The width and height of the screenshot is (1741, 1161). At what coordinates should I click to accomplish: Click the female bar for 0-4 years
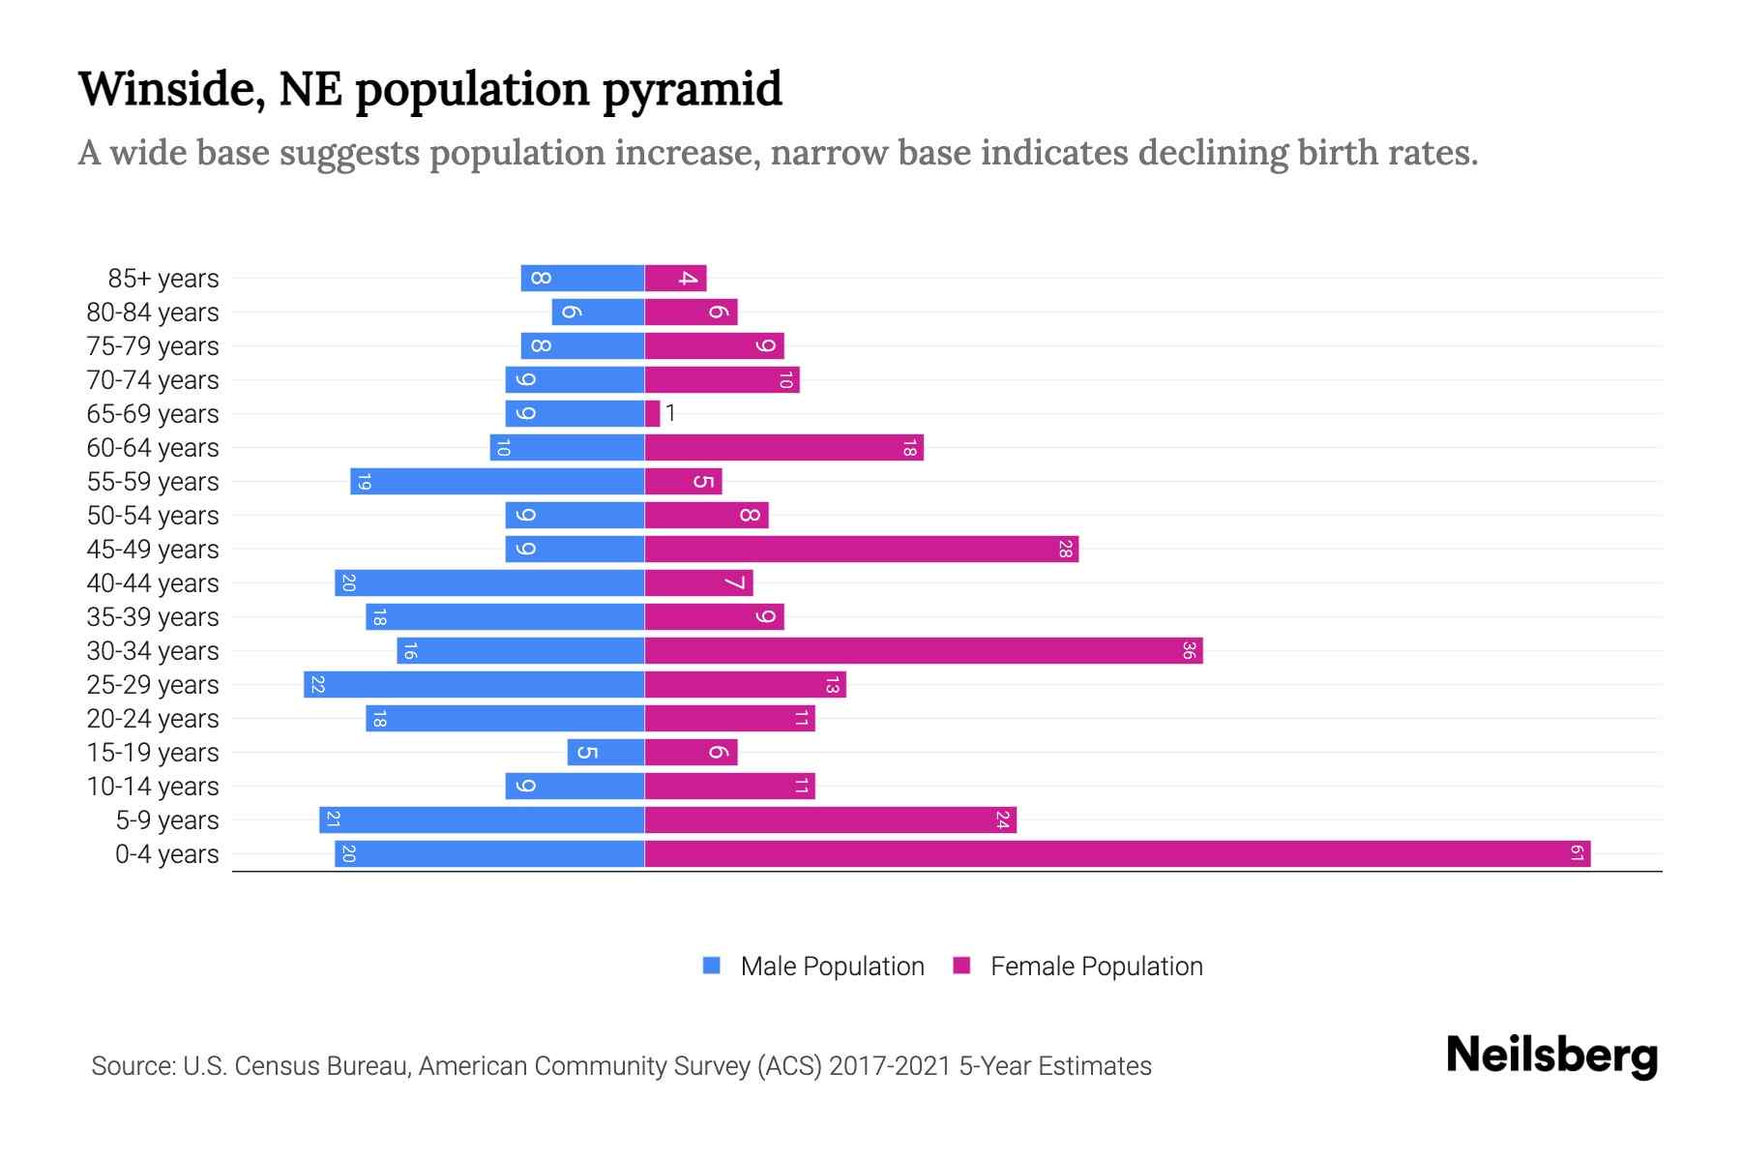(x=1117, y=853)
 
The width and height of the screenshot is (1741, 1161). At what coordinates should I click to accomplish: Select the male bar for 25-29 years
(x=474, y=685)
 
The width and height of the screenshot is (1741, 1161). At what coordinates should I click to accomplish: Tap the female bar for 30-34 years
(x=924, y=651)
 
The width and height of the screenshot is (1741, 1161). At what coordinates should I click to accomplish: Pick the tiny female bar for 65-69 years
(x=652, y=414)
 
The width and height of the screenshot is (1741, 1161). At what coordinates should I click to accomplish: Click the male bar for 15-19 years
(x=606, y=753)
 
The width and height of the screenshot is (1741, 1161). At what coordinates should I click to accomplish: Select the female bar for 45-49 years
(x=861, y=550)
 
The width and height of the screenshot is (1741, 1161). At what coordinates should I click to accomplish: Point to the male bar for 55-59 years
(x=497, y=482)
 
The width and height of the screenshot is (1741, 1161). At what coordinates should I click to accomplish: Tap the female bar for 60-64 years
(x=783, y=448)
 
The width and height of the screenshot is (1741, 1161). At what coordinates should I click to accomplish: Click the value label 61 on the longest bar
(x=1577, y=853)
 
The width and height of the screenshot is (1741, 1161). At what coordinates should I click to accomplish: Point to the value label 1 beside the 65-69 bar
(x=670, y=414)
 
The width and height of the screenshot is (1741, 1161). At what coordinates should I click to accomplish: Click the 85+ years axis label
(x=163, y=279)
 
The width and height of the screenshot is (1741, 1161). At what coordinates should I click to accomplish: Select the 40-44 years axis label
(x=153, y=583)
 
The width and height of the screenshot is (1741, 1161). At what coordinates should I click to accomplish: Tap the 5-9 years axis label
(x=167, y=820)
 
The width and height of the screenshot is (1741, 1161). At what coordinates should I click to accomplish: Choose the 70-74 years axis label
(x=153, y=380)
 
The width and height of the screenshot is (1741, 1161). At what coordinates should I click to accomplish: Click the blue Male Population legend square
(x=712, y=966)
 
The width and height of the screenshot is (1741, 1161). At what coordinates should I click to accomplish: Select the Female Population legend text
(x=1096, y=966)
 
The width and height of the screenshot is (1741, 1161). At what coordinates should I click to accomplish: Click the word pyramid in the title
(x=692, y=89)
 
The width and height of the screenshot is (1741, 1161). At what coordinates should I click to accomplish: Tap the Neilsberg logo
(x=1551, y=1056)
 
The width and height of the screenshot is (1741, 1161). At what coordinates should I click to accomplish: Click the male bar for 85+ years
(x=582, y=279)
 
